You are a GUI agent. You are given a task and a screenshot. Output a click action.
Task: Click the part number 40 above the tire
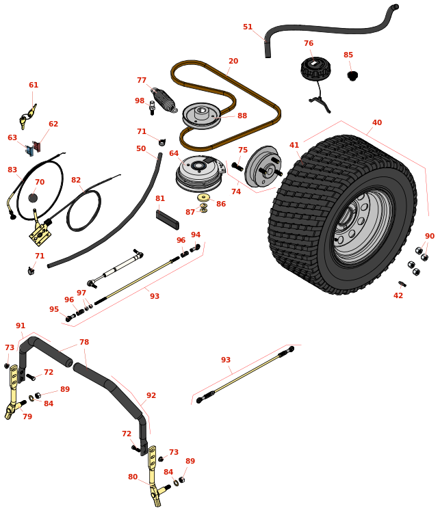coord(377,123)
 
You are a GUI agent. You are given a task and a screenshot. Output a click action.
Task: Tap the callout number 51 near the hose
coord(248,27)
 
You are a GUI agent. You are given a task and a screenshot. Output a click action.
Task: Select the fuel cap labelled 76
coord(315,68)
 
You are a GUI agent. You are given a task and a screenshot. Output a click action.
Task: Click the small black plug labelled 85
coord(352,75)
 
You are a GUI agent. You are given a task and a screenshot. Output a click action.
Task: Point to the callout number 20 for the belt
coord(233,62)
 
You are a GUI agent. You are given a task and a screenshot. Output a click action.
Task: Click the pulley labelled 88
coord(201,114)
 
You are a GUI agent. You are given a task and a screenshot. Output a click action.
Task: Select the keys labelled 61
coord(27,117)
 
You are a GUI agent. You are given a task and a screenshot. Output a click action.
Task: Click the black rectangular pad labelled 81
coord(167,219)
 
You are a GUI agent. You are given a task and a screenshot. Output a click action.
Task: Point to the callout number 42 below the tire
coord(398,295)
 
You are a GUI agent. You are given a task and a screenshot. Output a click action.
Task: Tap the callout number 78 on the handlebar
coord(84,343)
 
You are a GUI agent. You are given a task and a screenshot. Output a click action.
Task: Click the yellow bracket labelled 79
coord(13,393)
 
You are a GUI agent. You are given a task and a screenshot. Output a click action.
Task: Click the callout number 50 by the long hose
coord(141,148)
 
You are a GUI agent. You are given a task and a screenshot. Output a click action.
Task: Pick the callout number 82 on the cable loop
coord(76,181)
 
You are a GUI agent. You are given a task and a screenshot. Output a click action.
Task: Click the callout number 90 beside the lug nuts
coord(430,237)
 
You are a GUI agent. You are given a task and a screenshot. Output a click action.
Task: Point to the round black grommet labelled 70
coord(33,198)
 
